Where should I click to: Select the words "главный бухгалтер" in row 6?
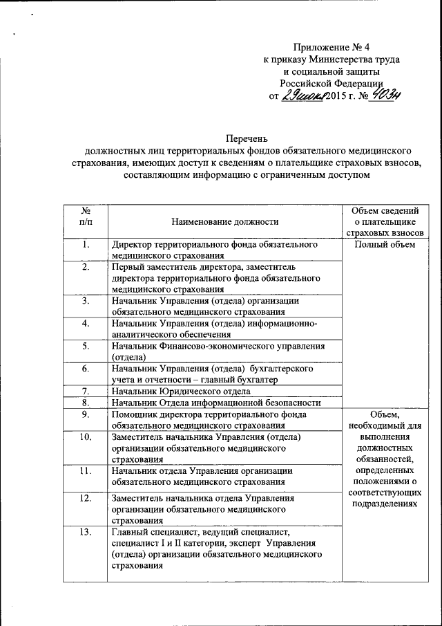pyautogui.click(x=238, y=380)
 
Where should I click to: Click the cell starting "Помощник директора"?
pyautogui.click(x=208, y=420)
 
